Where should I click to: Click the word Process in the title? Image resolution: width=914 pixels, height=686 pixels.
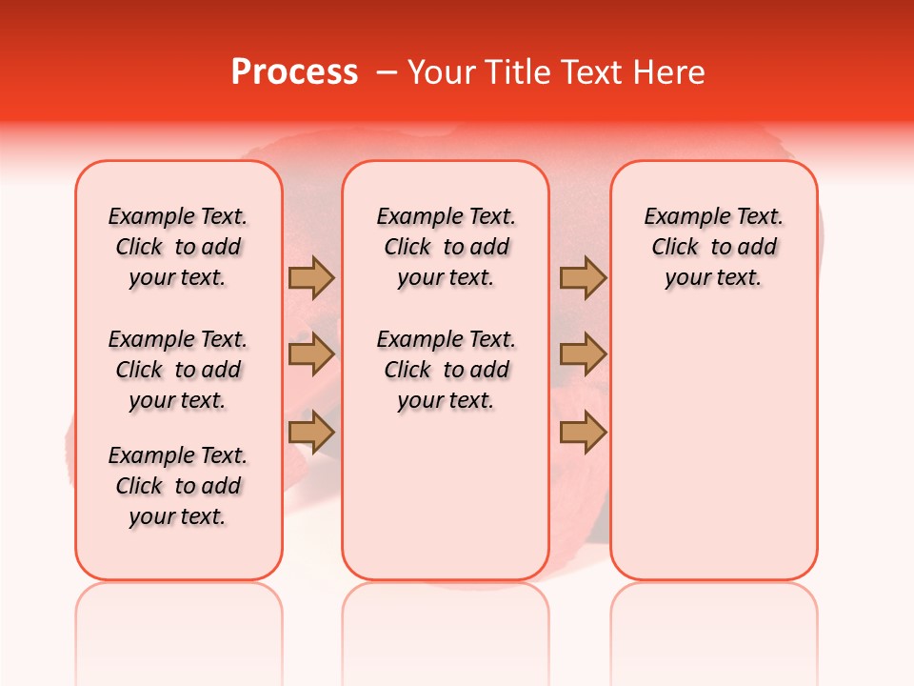click(294, 72)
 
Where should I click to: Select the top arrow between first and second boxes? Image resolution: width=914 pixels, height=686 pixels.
click(311, 278)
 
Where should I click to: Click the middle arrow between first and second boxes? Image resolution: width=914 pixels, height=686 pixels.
click(311, 355)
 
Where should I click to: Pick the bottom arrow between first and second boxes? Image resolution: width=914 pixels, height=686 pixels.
click(311, 433)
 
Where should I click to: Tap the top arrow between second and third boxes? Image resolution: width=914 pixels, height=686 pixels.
click(583, 278)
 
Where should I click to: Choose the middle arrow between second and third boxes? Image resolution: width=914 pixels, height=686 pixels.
click(583, 355)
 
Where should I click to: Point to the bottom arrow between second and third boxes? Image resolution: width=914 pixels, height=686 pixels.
click(583, 433)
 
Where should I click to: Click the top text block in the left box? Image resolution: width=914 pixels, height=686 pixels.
click(178, 247)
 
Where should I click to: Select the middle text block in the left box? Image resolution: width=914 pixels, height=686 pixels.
click(178, 370)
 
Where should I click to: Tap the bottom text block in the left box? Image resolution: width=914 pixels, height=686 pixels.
click(178, 486)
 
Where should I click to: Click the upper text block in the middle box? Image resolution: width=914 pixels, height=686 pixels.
click(446, 247)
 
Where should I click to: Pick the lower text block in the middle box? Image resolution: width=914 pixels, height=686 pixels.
click(446, 370)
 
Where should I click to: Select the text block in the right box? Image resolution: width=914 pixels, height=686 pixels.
click(713, 247)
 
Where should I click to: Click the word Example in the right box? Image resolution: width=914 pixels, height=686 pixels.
click(679, 217)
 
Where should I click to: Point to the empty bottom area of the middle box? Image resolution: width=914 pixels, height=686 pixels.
click(446, 505)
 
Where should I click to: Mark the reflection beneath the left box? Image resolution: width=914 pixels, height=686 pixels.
click(179, 619)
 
